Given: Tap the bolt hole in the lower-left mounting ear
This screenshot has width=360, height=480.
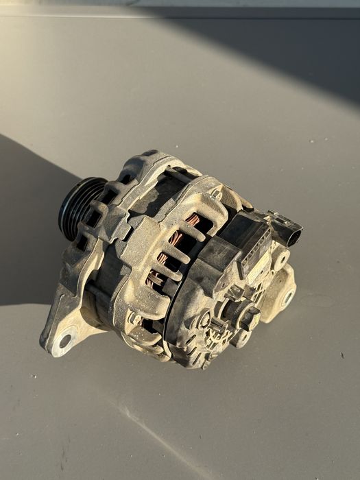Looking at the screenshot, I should tap(66, 339).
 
